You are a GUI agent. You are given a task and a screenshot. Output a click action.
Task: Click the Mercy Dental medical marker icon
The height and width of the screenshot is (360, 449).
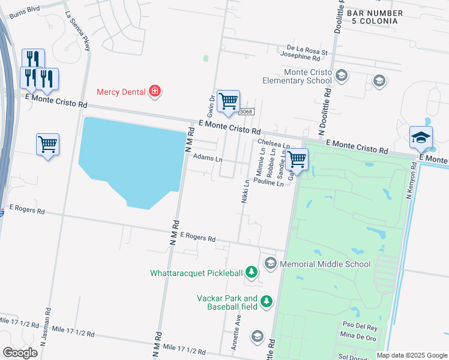(155, 92)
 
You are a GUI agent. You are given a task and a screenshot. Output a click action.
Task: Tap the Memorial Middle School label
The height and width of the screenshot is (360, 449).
(324, 264)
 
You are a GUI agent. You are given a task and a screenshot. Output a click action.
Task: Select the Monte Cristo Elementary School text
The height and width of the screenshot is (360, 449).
(300, 76)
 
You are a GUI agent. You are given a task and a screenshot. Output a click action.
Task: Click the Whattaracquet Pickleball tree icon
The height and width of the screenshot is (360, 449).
(252, 274)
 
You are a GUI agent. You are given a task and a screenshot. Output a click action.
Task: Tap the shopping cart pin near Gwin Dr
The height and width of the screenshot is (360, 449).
(228, 102)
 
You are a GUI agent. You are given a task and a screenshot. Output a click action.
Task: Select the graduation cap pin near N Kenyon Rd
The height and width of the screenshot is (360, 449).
(421, 138)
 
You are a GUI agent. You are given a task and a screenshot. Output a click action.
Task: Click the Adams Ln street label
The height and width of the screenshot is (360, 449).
(208, 160)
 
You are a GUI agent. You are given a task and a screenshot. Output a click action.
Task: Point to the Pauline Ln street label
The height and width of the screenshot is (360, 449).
(268, 181)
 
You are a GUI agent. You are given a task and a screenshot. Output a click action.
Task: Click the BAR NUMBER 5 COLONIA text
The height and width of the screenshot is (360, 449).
(372, 17)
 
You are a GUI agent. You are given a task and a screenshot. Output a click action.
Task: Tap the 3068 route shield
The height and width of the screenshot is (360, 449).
(246, 112)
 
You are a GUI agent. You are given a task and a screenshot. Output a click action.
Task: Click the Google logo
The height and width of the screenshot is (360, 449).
(20, 353)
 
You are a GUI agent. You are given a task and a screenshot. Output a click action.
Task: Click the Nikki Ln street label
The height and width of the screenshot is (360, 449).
(245, 191)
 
